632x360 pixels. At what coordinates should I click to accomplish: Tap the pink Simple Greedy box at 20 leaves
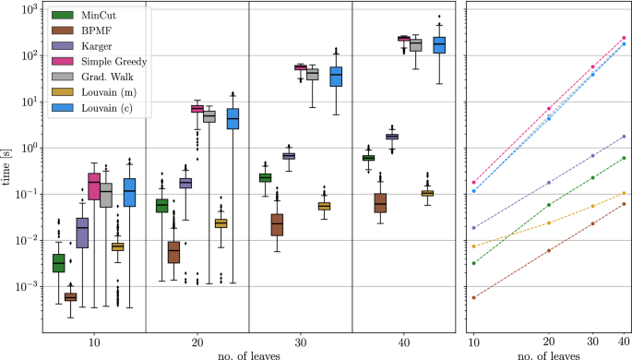197,109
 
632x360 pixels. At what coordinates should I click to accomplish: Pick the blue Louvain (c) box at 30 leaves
336,78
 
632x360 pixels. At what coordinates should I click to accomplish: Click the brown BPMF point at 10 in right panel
473,297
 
